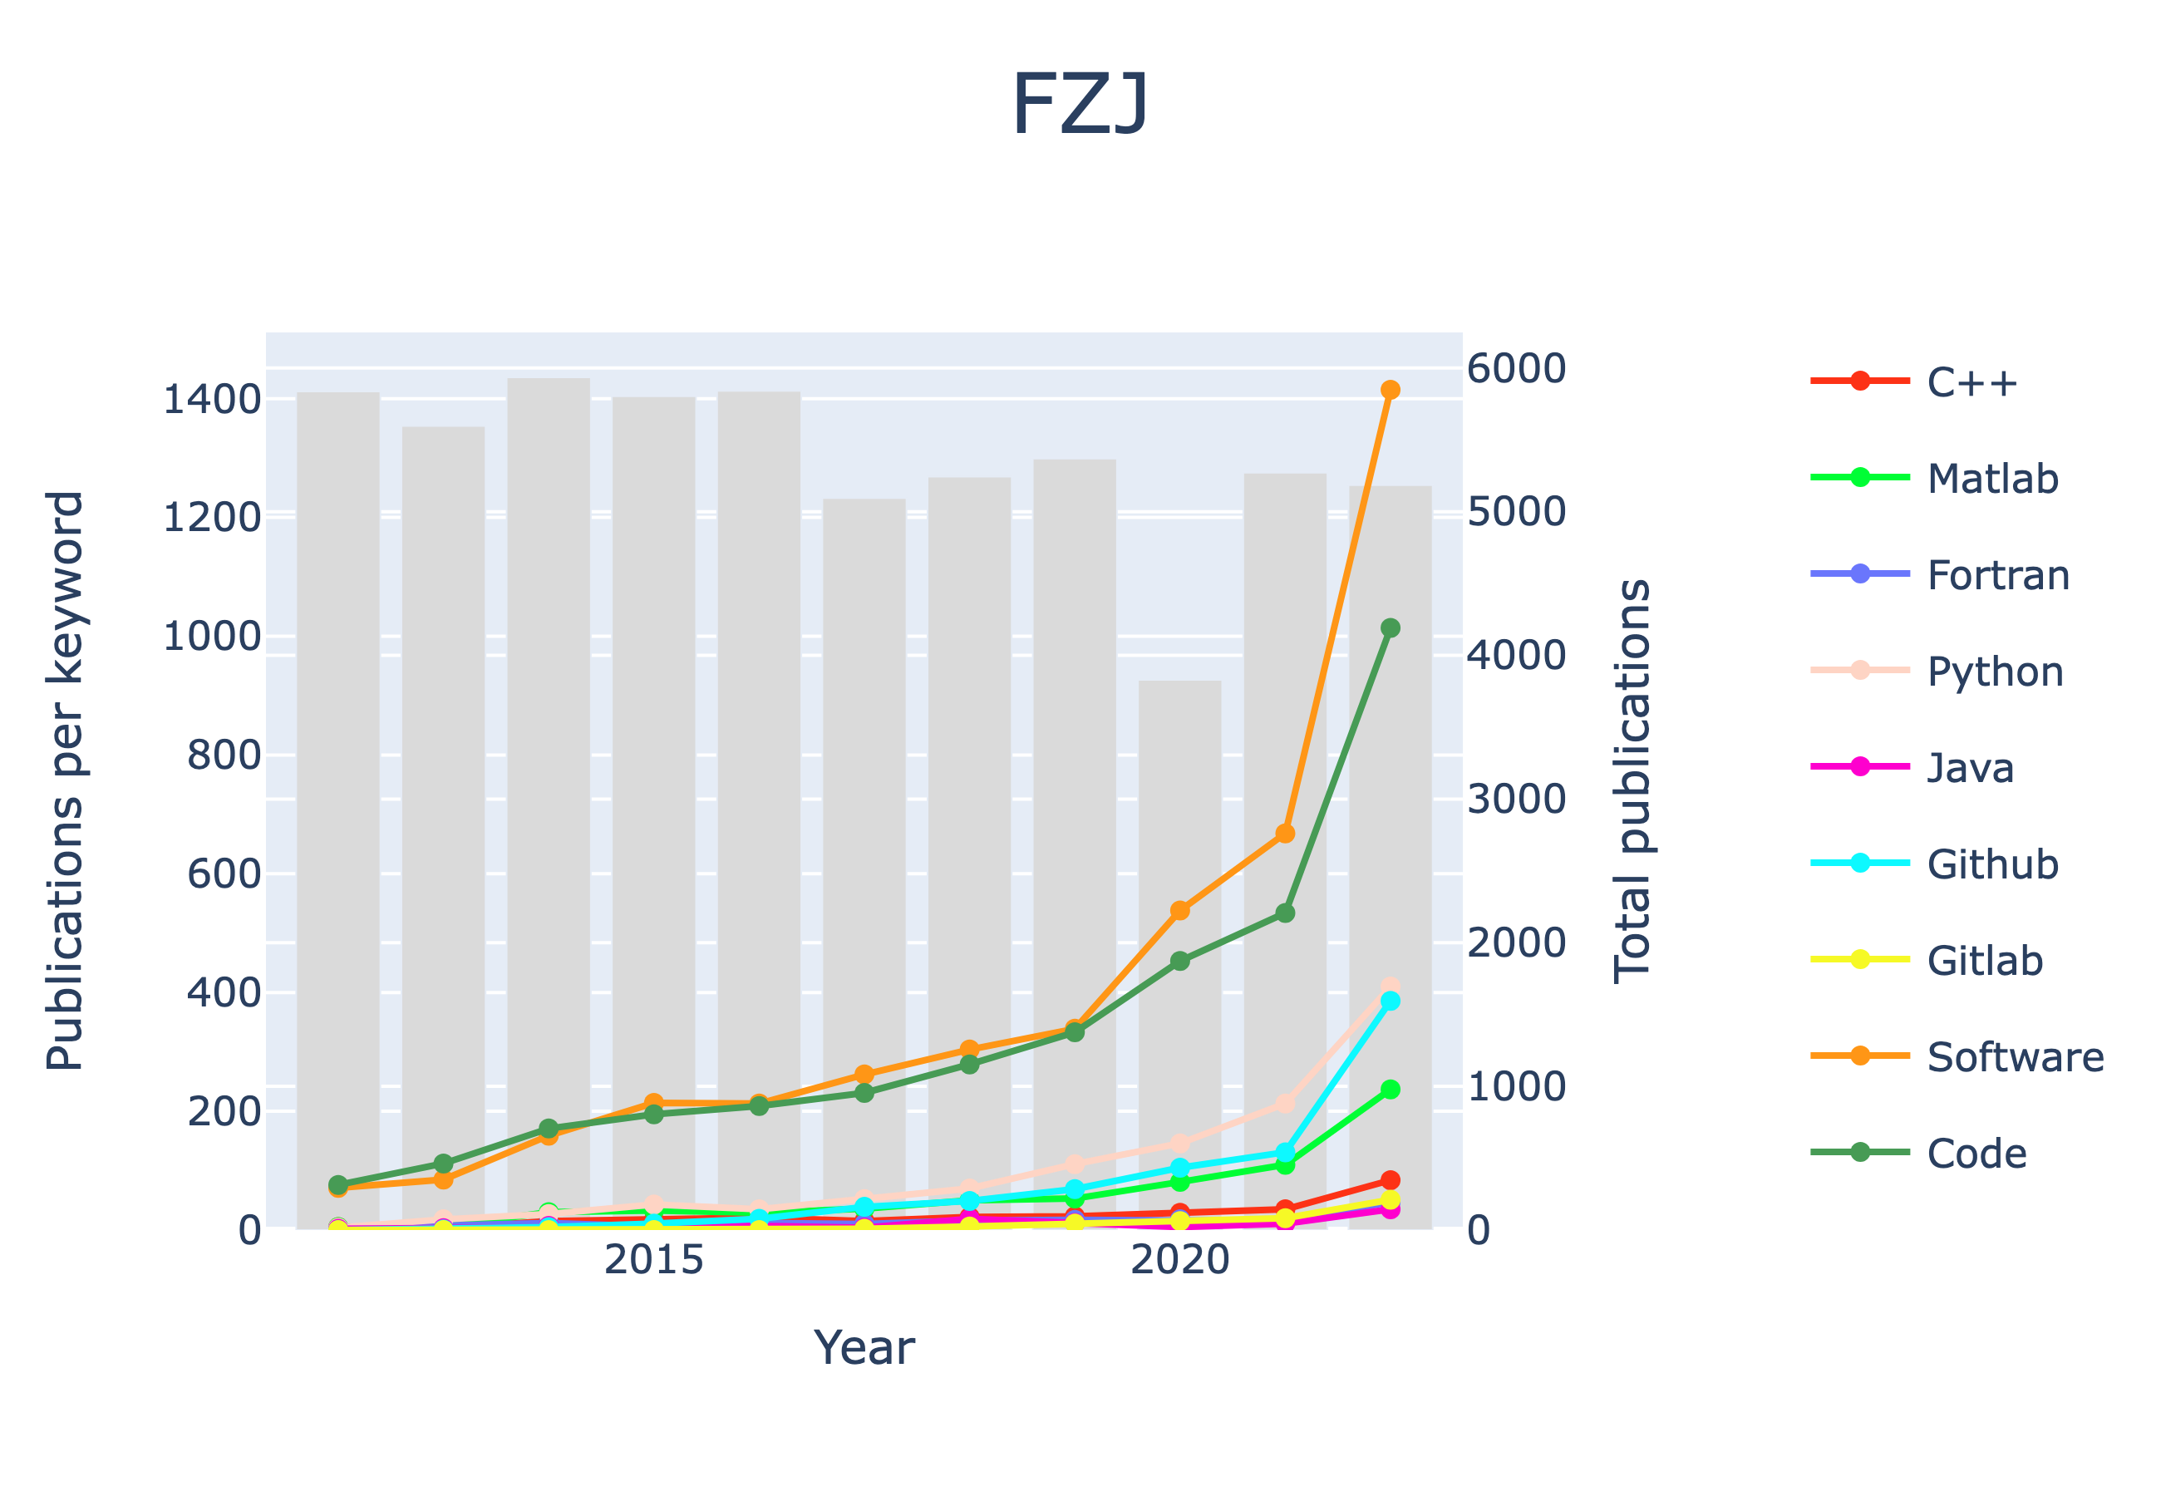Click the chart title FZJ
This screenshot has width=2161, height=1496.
click(x=1080, y=106)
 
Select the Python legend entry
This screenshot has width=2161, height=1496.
click(x=1994, y=672)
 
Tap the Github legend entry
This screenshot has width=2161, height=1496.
click(x=1992, y=864)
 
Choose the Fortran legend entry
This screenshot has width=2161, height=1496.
click(x=1998, y=575)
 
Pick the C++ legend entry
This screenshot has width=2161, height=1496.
click(x=1971, y=382)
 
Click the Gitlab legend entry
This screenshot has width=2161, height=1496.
click(x=1984, y=961)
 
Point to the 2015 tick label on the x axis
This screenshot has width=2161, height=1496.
click(x=653, y=1261)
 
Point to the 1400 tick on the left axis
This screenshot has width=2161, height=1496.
click(x=212, y=399)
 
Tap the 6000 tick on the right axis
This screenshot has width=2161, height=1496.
click(x=1515, y=368)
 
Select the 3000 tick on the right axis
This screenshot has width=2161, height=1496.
click(x=1515, y=799)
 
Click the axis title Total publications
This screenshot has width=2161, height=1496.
click(x=1632, y=780)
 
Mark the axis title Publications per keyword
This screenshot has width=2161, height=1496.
click(x=66, y=780)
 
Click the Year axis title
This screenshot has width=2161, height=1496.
click(x=863, y=1349)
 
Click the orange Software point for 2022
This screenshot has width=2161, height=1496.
click(x=1390, y=390)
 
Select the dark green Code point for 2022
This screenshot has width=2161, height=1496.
click(x=1390, y=628)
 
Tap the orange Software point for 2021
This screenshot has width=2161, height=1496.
click(x=1285, y=834)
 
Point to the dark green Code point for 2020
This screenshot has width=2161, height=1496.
click(x=1180, y=961)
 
